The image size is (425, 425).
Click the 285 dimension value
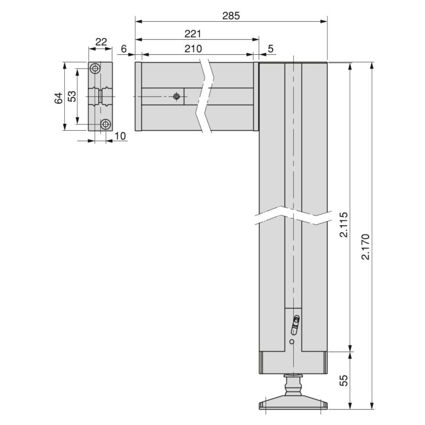tap(231, 15)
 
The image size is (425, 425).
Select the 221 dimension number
tap(192, 33)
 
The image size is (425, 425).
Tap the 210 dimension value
tap(192, 49)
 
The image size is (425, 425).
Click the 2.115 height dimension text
tap(343, 226)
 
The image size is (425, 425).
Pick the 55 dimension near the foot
tap(343, 380)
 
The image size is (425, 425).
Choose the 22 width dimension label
tap(101, 42)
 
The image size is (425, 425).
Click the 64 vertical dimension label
tap(58, 97)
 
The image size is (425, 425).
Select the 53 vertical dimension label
tap(72, 96)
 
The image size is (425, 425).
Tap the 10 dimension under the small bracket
tap(120, 136)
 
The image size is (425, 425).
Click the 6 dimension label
tap(124, 49)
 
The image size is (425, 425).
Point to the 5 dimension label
tap(270, 49)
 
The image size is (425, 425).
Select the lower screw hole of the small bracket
tap(106, 124)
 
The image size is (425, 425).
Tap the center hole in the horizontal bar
tap(177, 96)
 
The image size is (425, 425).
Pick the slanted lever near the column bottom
tap(296, 322)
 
